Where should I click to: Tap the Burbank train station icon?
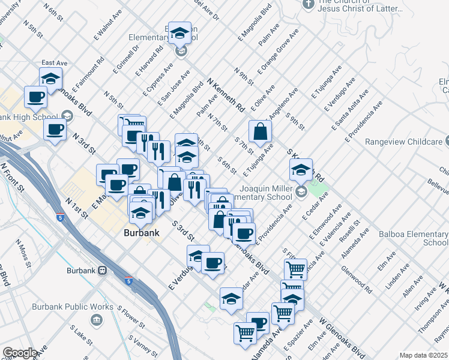103,271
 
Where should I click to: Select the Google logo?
20,353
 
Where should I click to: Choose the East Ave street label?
55,63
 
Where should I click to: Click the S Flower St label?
132,319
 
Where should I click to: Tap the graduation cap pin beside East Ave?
51,79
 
